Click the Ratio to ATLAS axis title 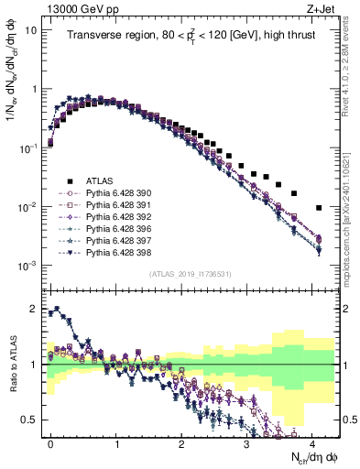tap(13, 364)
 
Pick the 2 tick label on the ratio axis tap(35, 309)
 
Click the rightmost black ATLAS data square tap(317, 208)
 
